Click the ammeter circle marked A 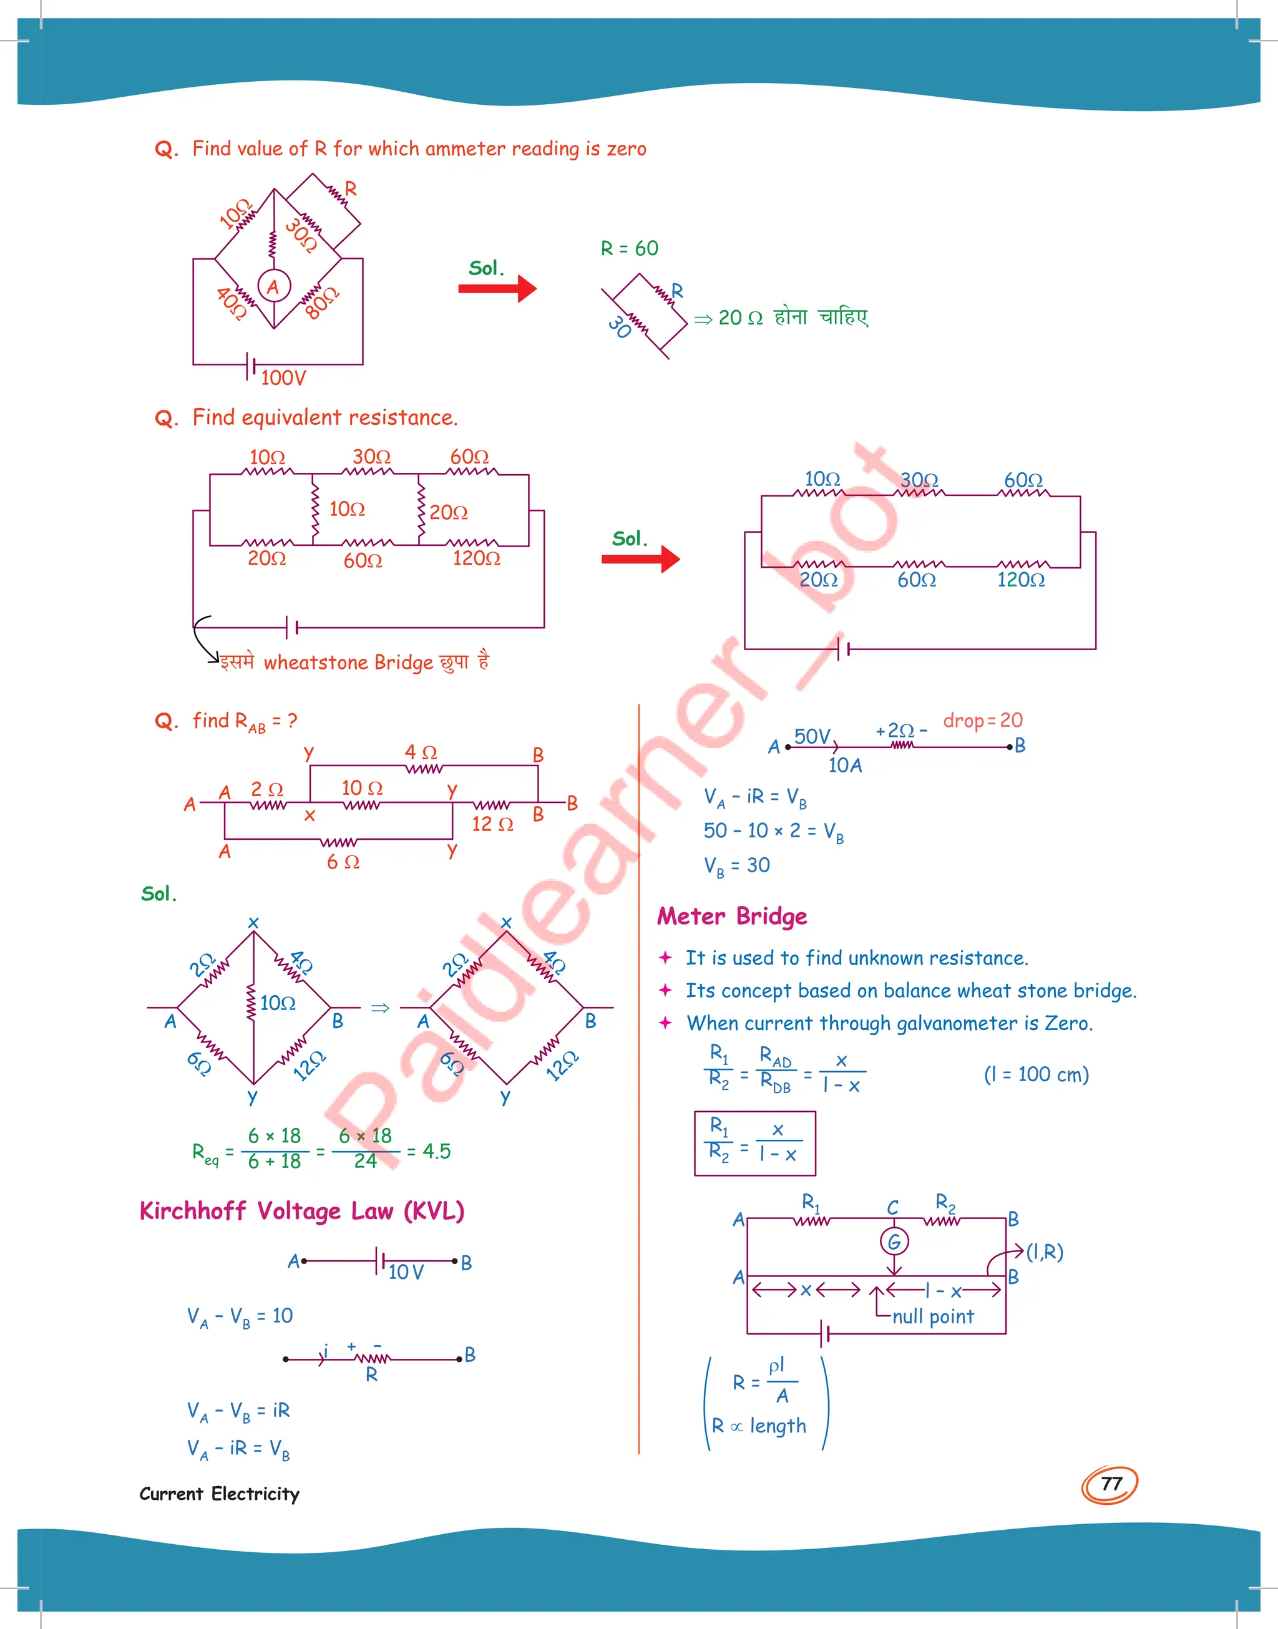(x=274, y=286)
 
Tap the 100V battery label (x=283, y=377)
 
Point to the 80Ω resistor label (x=323, y=303)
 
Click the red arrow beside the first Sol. (x=497, y=289)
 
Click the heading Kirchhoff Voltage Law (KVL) (x=301, y=1211)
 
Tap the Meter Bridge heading (x=732, y=917)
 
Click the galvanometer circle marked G (x=894, y=1242)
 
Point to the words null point (x=932, y=1317)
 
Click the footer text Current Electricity (x=219, y=1494)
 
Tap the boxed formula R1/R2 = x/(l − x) (x=754, y=1143)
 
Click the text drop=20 (x=982, y=720)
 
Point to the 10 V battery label (x=406, y=1272)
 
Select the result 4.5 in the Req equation (x=436, y=1151)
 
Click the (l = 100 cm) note (x=1036, y=1075)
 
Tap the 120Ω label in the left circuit (x=476, y=558)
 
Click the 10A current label (x=845, y=765)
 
